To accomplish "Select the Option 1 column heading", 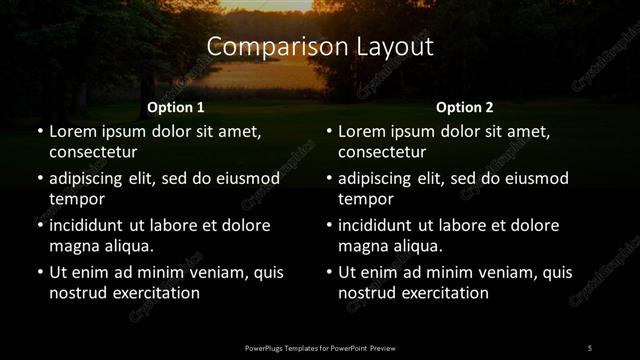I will [176, 107].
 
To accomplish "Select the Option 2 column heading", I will [465, 107].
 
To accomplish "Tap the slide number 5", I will [589, 347].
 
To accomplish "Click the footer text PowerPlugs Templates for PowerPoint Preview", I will [320, 347].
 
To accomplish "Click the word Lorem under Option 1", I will [72, 131].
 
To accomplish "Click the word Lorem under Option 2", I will [362, 131].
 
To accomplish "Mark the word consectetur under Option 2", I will [382, 152].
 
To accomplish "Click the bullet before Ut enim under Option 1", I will [39, 272].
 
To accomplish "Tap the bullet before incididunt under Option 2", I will [329, 225].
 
